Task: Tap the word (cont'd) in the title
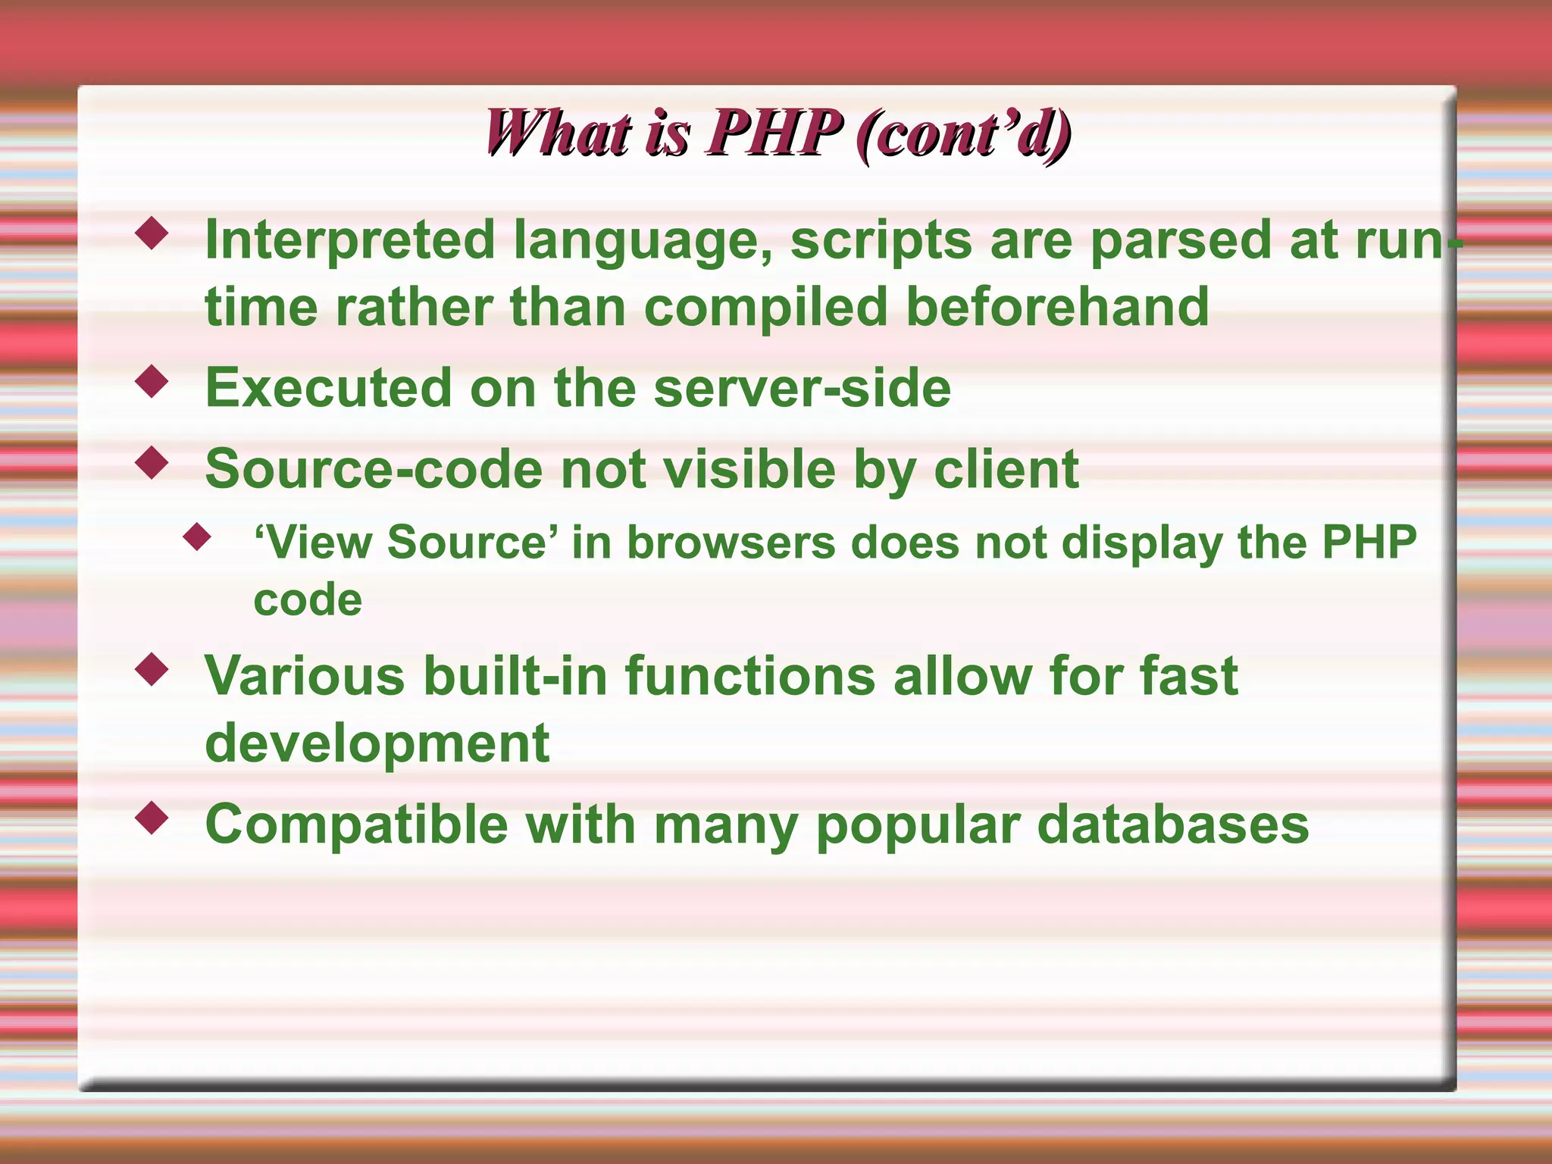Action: click(x=962, y=133)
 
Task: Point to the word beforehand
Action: click(x=1057, y=307)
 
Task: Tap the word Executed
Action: click(x=328, y=388)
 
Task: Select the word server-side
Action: click(x=801, y=388)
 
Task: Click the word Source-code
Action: click(x=374, y=469)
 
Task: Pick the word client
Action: click(x=1006, y=469)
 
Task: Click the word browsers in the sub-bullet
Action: click(x=731, y=543)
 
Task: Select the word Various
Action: click(x=305, y=676)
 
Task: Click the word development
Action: click(x=377, y=744)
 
